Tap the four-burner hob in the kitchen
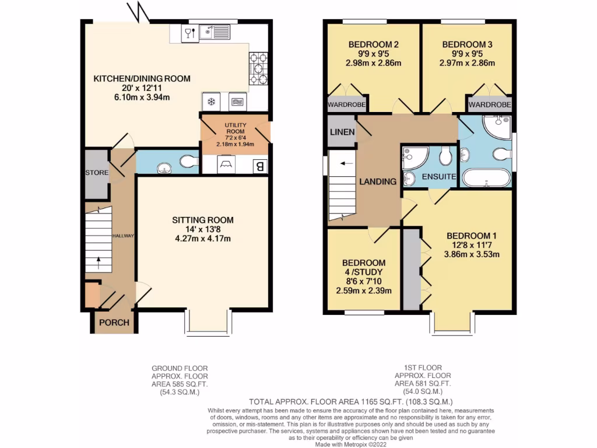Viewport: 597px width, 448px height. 259,69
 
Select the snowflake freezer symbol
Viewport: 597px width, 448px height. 211,101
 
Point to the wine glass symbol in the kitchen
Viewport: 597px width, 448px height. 189,33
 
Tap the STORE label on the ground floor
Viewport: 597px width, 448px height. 96,173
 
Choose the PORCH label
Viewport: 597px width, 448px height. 113,323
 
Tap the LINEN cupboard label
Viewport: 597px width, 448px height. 342,132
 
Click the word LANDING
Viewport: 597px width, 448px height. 378,181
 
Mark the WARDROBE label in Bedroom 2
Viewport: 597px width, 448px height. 346,105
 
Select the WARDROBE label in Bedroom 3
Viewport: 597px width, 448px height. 490,105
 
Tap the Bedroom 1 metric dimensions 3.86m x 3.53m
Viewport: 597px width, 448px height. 471,254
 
